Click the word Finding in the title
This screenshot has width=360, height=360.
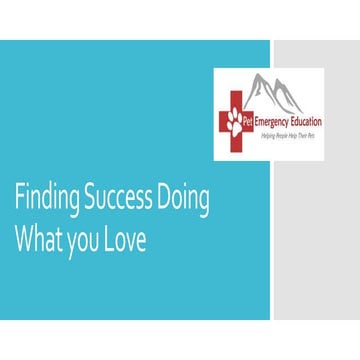tap(40, 199)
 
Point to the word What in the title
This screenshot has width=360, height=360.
tap(37, 241)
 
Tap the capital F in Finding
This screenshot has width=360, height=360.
tap(17, 199)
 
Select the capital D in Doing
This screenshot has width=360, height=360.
tap(162, 199)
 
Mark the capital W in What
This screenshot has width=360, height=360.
tap(23, 241)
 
